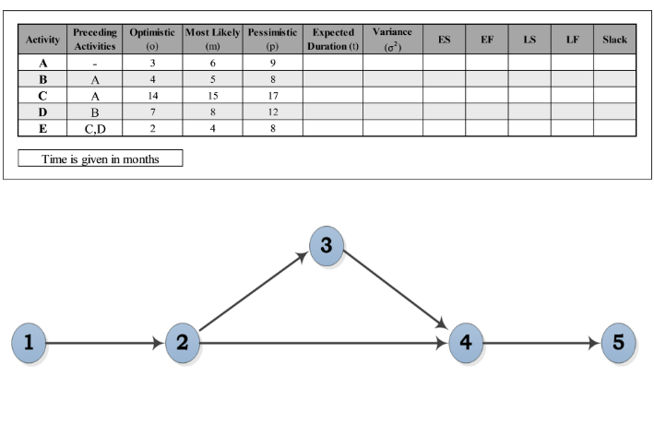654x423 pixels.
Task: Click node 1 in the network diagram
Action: pyautogui.click(x=29, y=344)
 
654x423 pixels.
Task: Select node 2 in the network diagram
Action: pyautogui.click(x=183, y=344)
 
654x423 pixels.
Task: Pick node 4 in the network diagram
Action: pyautogui.click(x=465, y=344)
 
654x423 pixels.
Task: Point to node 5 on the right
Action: pyautogui.click(x=618, y=344)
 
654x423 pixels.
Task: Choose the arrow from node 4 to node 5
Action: pyautogui.click(x=541, y=344)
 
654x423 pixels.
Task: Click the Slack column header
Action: pyautogui.click(x=614, y=40)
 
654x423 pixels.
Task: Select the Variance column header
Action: pyautogui.click(x=392, y=39)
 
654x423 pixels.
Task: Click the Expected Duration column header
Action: pyautogui.click(x=332, y=39)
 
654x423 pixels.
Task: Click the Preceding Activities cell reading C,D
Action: pyautogui.click(x=95, y=128)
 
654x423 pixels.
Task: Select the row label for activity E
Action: pyautogui.click(x=42, y=128)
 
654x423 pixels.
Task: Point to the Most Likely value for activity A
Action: pyautogui.click(x=213, y=62)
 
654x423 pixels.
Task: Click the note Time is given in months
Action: pyautogui.click(x=101, y=159)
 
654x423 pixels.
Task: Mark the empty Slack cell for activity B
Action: pyautogui.click(x=614, y=78)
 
